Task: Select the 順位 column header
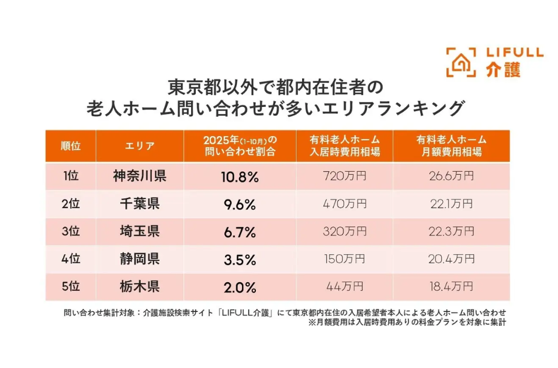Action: coord(70,146)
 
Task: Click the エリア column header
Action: coord(140,146)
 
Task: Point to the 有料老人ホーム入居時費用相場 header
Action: coord(345,146)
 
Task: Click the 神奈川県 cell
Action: coord(140,176)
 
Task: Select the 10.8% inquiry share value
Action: coord(239,176)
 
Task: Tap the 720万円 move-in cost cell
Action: coord(345,176)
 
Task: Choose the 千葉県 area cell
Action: coord(140,204)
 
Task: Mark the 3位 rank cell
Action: coord(70,231)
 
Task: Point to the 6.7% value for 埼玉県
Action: coord(239,232)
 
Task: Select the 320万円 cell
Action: coord(345,231)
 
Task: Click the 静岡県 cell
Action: coord(140,259)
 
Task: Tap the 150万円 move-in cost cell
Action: coord(345,259)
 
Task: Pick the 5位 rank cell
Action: coord(70,287)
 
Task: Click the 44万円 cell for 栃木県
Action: coord(345,287)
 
